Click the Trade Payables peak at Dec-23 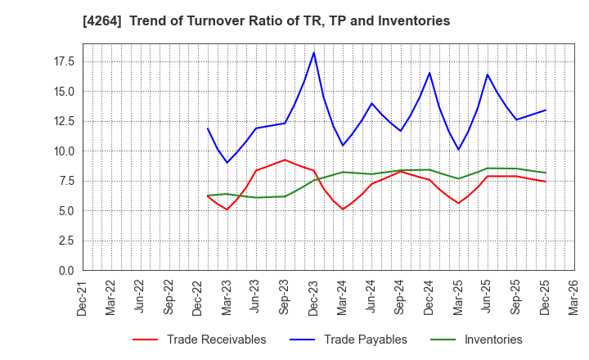click(313, 52)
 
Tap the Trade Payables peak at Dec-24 click(429, 73)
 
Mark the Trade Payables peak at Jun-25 click(488, 74)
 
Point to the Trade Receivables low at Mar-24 click(343, 209)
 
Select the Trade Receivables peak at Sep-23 click(285, 160)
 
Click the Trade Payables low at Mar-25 click(458, 150)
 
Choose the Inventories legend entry click(493, 340)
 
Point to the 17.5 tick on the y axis click(63, 61)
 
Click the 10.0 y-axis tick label click(63, 151)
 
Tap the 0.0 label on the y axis click(66, 270)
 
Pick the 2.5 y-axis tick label click(66, 241)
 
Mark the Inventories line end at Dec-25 click(546, 173)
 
